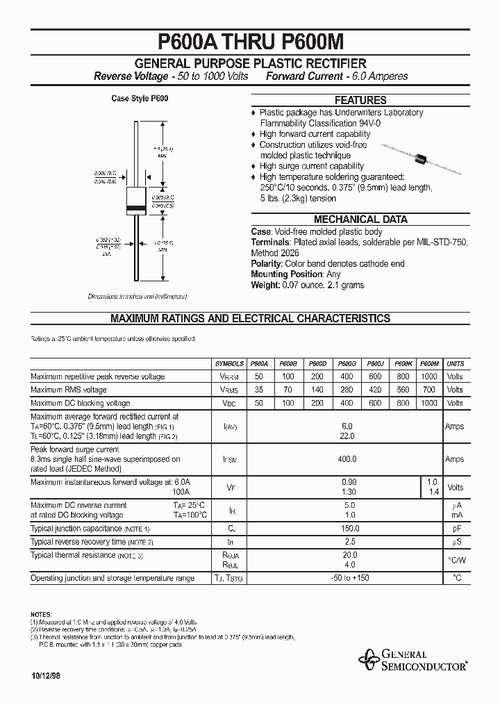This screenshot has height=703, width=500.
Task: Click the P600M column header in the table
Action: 431,363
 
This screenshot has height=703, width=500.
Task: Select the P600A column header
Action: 259,363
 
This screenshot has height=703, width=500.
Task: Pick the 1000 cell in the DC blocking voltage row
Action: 431,403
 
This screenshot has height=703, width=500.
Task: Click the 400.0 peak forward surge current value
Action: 347,459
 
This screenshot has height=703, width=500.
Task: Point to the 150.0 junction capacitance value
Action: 349,529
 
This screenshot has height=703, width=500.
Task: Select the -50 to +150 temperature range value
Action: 349,578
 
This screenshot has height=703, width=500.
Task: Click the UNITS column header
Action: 455,363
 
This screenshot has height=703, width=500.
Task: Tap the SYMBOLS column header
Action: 230,363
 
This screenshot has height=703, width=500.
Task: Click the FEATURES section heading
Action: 360,100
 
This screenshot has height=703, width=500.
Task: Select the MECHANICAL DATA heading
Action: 360,220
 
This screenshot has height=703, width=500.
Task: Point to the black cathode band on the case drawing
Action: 135,208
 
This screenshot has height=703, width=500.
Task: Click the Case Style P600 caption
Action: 140,99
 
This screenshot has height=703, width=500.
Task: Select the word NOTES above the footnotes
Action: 41,615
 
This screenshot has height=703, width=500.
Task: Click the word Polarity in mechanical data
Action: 267,264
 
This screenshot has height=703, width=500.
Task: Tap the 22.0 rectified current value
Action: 347,436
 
